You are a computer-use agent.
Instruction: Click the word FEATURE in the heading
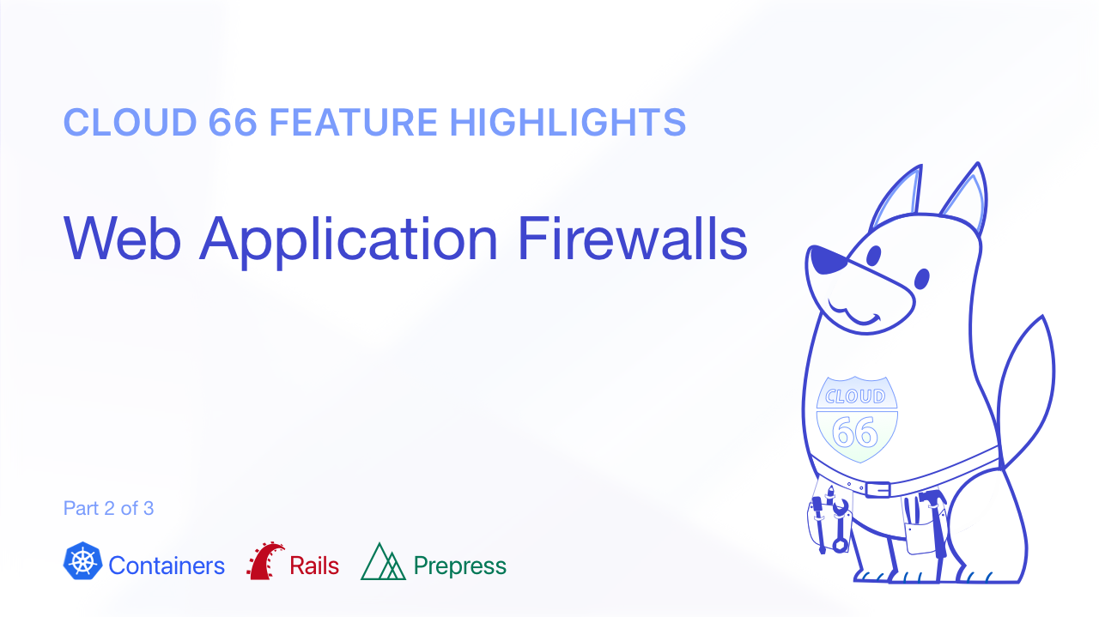pyautogui.click(x=353, y=122)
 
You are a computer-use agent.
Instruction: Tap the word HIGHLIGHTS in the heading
pyautogui.click(x=568, y=122)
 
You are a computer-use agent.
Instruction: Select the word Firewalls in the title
pyautogui.click(x=633, y=239)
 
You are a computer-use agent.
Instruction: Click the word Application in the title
pyautogui.click(x=349, y=242)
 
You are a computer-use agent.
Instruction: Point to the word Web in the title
pyautogui.click(x=122, y=239)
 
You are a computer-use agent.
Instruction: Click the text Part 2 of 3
pyautogui.click(x=108, y=508)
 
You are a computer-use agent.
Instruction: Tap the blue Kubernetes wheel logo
pyautogui.click(x=83, y=560)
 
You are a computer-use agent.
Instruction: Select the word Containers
pyautogui.click(x=167, y=566)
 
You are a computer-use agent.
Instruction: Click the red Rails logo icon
pyautogui.click(x=265, y=560)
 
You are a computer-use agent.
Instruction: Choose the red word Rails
pyautogui.click(x=314, y=566)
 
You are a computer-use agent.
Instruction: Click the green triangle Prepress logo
pyautogui.click(x=383, y=561)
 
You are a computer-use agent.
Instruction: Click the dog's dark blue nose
pyautogui.click(x=827, y=259)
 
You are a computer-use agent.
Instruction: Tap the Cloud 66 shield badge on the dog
pyautogui.click(x=857, y=420)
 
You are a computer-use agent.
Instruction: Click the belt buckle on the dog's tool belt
pyautogui.click(x=877, y=489)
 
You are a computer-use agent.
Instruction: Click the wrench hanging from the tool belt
pyautogui.click(x=840, y=526)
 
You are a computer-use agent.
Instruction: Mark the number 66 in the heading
pyautogui.click(x=233, y=122)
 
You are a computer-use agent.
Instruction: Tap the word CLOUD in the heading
pyautogui.click(x=130, y=122)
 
